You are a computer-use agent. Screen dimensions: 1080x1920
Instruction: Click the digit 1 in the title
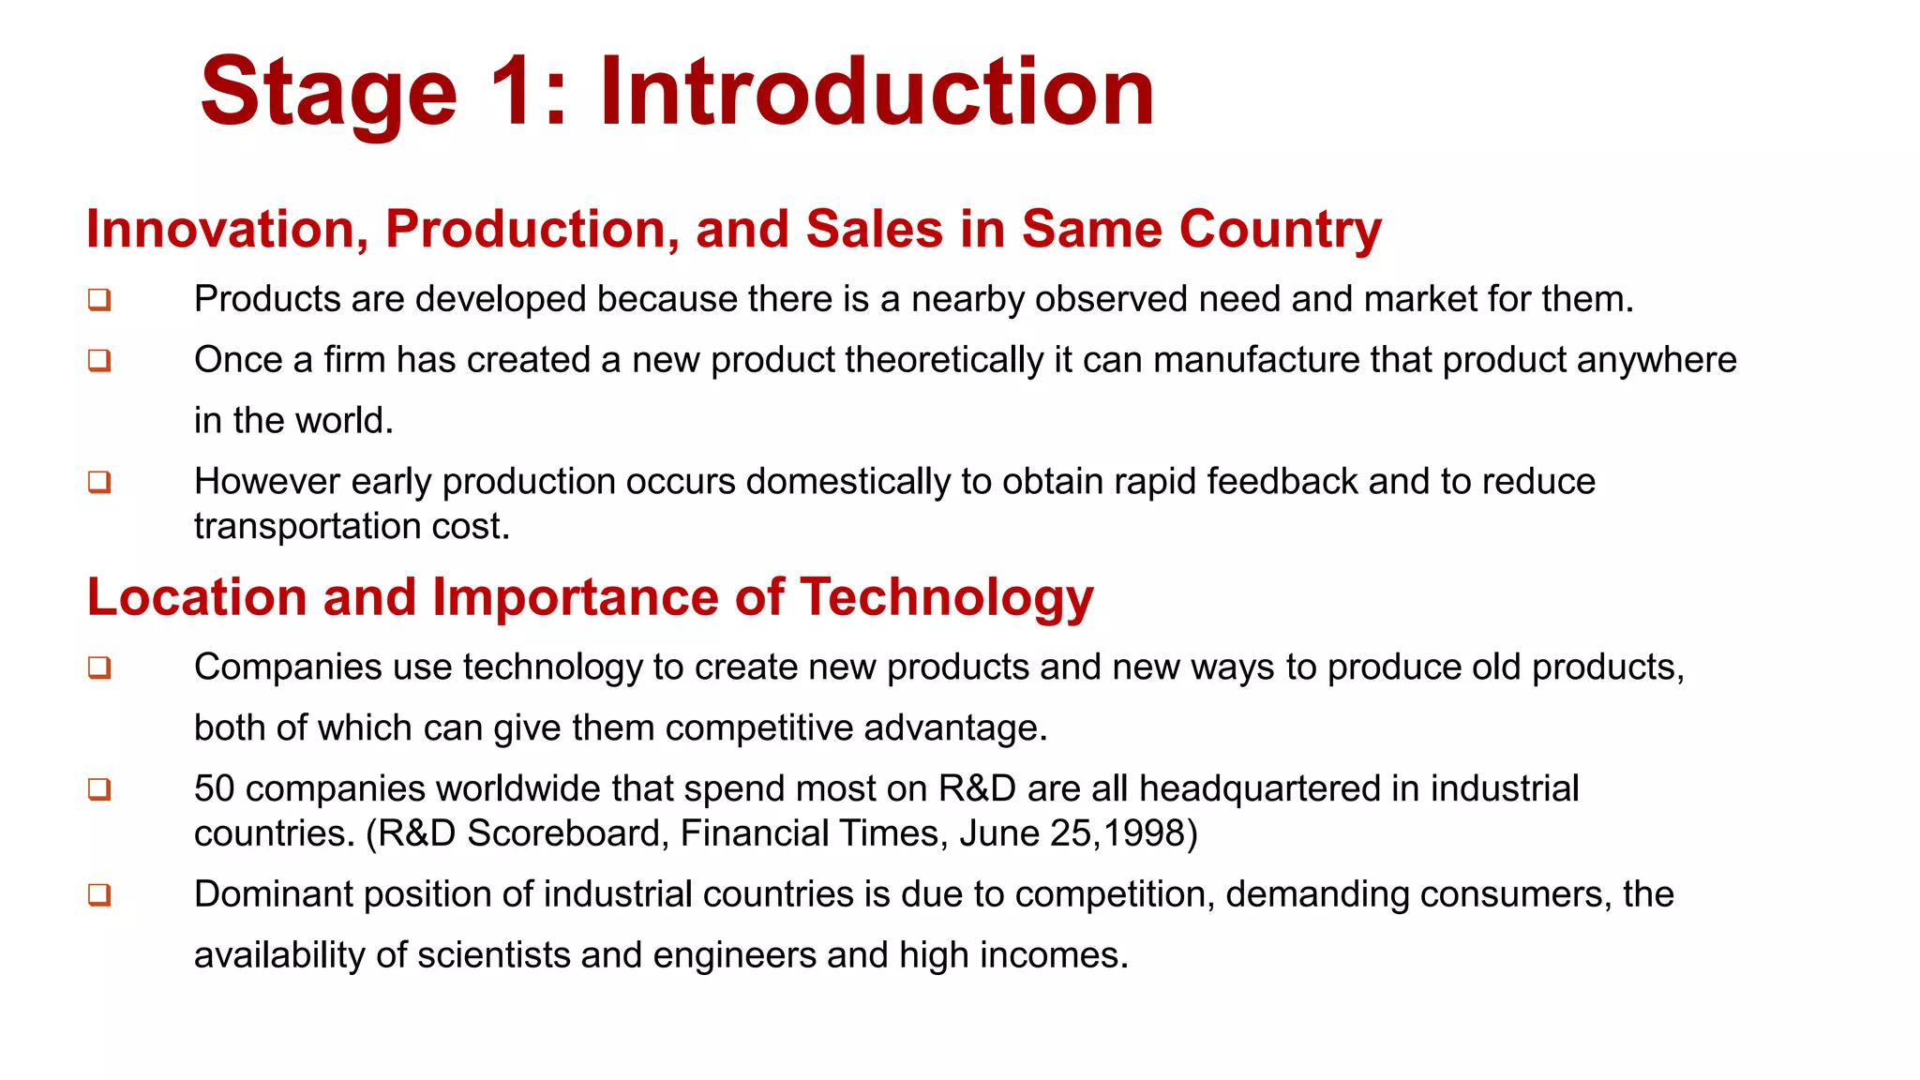tap(512, 92)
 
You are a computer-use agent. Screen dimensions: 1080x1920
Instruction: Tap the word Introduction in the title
tap(877, 92)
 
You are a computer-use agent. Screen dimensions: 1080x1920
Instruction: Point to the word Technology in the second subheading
tap(947, 598)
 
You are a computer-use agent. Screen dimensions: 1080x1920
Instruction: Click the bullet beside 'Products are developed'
tap(99, 300)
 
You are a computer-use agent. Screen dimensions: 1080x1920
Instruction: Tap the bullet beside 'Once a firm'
tap(99, 361)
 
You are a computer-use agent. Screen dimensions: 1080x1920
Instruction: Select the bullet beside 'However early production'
tap(99, 482)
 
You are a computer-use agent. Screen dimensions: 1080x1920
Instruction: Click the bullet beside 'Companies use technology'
tap(99, 667)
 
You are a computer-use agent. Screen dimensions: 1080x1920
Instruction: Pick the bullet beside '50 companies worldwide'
tap(99, 789)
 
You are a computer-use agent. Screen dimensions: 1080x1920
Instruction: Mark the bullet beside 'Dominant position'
tap(99, 895)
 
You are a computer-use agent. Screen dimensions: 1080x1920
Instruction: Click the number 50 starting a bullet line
tap(214, 789)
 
